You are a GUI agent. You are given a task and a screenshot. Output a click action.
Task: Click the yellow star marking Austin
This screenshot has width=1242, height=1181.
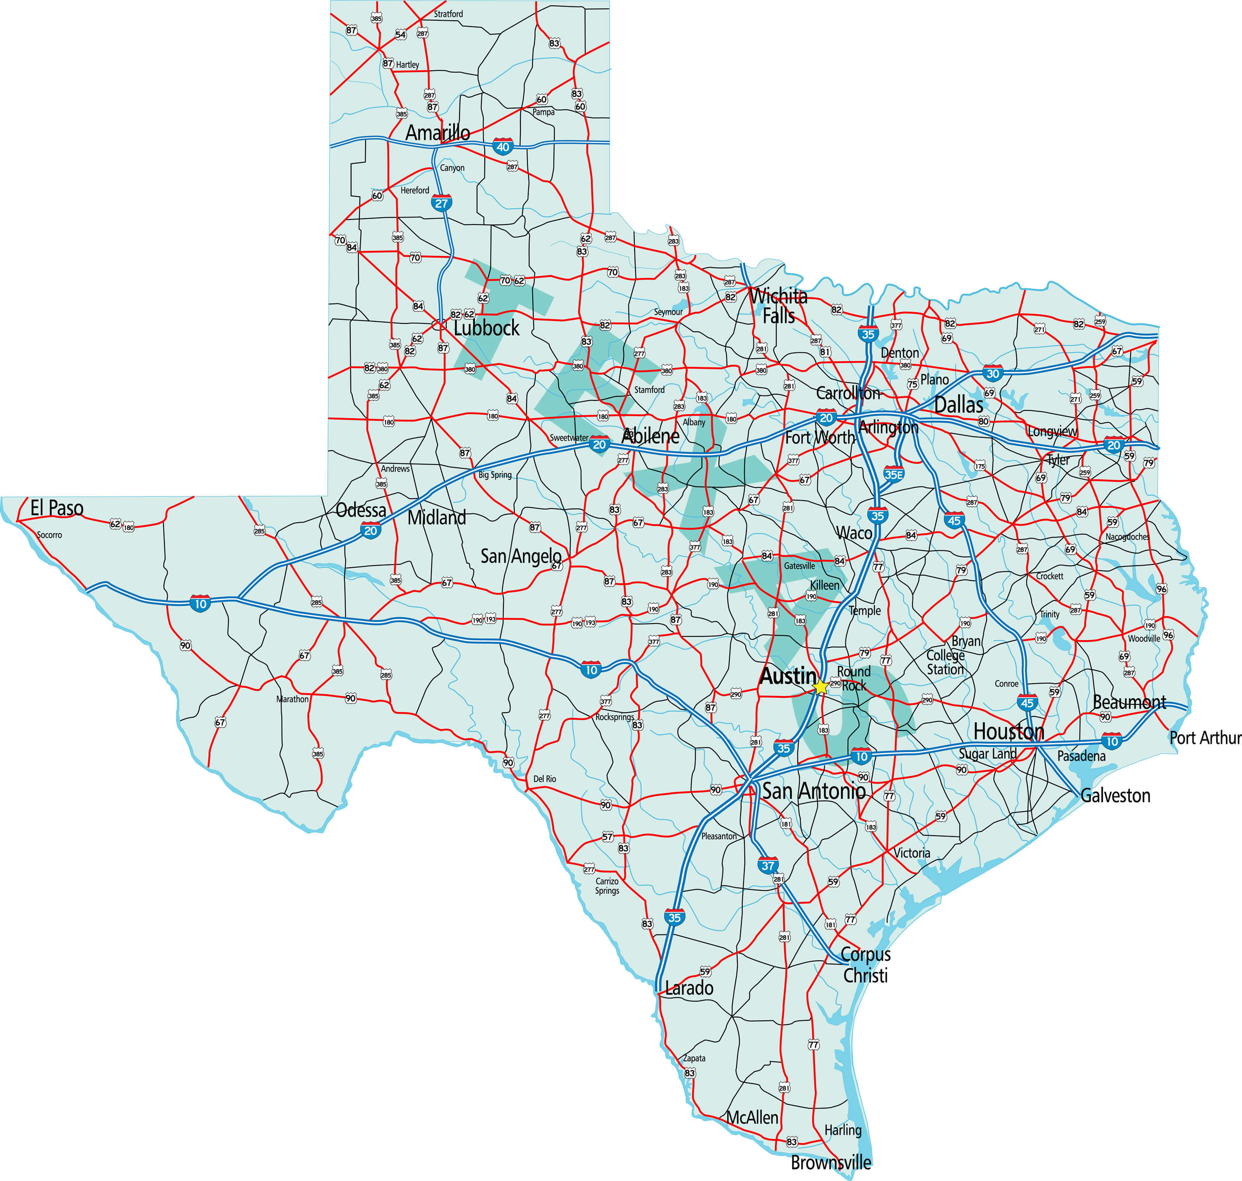pyautogui.click(x=821, y=687)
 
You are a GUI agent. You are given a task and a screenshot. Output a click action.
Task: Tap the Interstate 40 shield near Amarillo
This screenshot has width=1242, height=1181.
pyautogui.click(x=502, y=147)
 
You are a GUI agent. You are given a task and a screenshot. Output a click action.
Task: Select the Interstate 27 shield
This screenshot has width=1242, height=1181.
pyautogui.click(x=441, y=203)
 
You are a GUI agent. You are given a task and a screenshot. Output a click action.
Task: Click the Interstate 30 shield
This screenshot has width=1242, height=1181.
pyautogui.click(x=993, y=374)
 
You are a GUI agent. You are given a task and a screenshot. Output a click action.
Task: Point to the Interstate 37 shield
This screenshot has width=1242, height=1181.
pyautogui.click(x=768, y=865)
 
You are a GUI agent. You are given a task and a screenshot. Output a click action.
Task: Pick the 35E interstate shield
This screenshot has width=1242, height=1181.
pyautogui.click(x=894, y=475)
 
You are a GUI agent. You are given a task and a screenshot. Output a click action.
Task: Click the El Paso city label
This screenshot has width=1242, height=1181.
pyautogui.click(x=57, y=508)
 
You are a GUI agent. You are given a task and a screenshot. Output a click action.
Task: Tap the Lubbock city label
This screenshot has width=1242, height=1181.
pyautogui.click(x=486, y=328)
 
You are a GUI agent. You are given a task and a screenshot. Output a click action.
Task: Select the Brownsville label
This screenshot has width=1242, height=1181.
pyautogui.click(x=831, y=1162)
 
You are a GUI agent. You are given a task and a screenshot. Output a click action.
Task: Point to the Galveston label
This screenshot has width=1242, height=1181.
pyautogui.click(x=1115, y=796)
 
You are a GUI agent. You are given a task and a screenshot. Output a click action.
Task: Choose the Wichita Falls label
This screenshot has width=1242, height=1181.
pyautogui.click(x=779, y=305)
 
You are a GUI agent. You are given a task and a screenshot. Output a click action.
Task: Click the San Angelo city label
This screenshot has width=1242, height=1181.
pyautogui.click(x=520, y=556)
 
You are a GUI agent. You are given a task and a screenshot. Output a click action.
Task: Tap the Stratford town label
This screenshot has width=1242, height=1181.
pyautogui.click(x=448, y=14)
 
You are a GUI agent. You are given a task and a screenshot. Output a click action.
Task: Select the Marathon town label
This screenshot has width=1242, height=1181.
pyautogui.click(x=292, y=699)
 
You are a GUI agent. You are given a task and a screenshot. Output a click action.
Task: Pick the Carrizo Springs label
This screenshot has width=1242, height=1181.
pyautogui.click(x=607, y=886)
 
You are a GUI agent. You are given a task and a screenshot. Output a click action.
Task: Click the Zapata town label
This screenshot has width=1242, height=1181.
pyautogui.click(x=694, y=1058)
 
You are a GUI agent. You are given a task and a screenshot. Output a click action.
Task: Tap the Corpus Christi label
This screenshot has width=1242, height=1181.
pyautogui.click(x=866, y=964)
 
